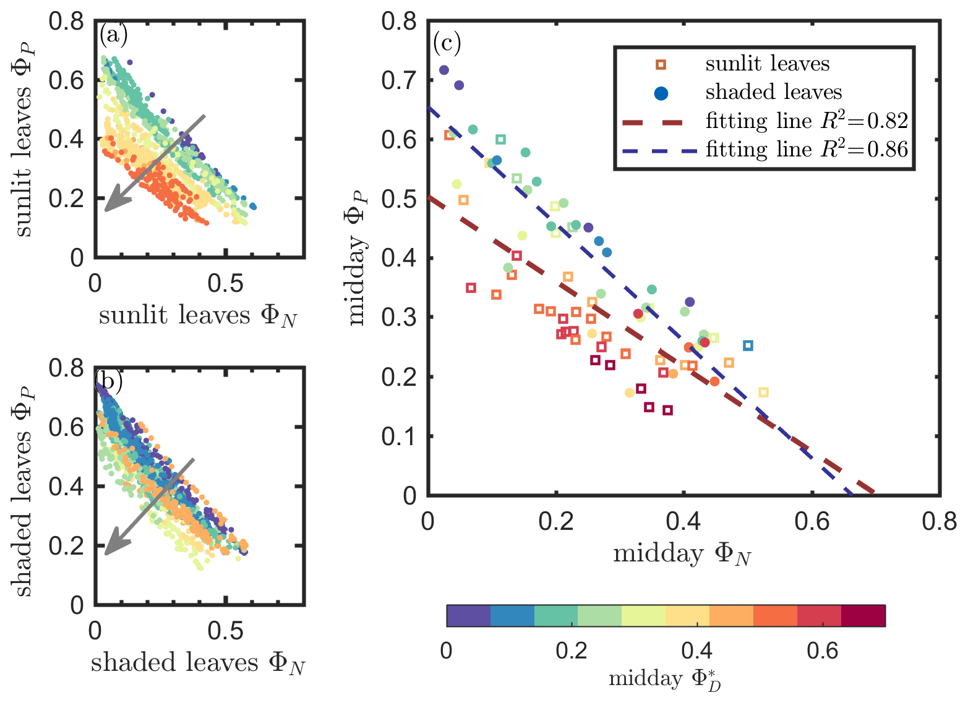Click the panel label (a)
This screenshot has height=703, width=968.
(x=113, y=35)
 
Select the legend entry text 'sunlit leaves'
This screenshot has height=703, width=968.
(x=767, y=64)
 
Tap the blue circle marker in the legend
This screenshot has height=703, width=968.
(x=661, y=93)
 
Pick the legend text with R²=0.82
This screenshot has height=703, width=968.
(x=807, y=121)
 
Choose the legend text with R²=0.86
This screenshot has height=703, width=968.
(x=807, y=150)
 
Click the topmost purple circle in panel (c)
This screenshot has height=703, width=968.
(x=443, y=70)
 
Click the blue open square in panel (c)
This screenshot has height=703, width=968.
(x=748, y=346)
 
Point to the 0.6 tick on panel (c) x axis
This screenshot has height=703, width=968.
(x=812, y=522)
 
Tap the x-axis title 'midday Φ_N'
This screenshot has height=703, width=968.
(x=682, y=554)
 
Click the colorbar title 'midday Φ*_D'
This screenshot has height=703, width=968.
(x=665, y=679)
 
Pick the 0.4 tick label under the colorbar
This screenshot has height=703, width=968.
(x=697, y=650)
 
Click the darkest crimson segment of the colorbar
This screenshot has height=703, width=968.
(x=863, y=616)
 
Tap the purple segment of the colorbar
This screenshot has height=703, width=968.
(x=468, y=616)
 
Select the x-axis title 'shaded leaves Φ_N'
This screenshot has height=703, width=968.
(x=198, y=663)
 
